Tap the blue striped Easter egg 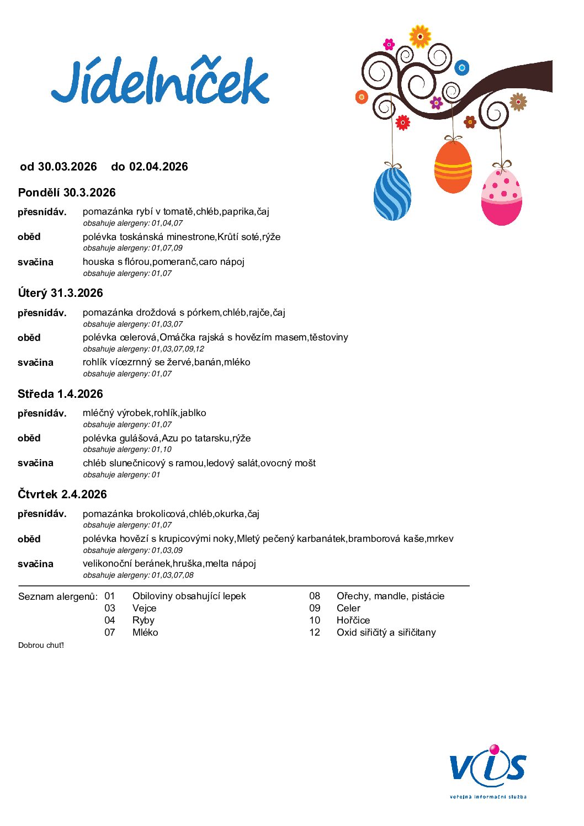tap(392, 194)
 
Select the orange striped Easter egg tap(453, 167)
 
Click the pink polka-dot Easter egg tap(501, 197)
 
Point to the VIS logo tap(488, 769)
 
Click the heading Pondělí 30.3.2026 tap(67, 193)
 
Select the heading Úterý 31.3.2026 tap(60, 293)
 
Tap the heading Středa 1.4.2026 tap(60, 394)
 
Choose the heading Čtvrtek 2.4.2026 tap(62, 494)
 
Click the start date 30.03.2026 tap(67, 167)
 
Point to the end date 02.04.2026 tap(158, 167)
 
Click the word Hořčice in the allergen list tap(353, 620)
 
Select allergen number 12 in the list tap(315, 632)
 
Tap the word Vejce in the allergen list tap(145, 608)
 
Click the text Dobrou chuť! tap(41, 645)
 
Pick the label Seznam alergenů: tap(58, 596)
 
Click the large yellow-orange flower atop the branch tap(420, 36)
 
